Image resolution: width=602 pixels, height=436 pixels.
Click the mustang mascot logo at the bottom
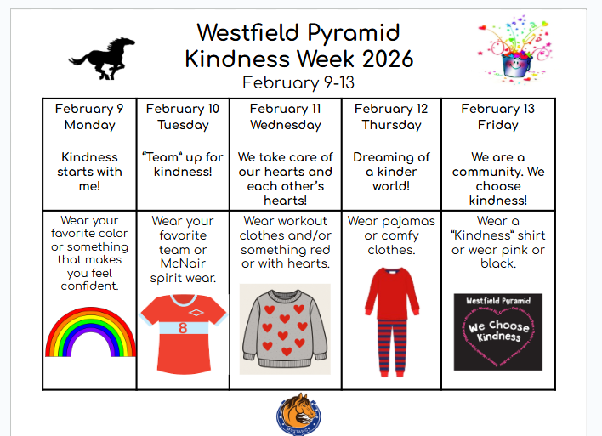(298, 414)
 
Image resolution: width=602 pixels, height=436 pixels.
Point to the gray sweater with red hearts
(285, 329)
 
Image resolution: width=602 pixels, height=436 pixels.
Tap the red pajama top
(392, 293)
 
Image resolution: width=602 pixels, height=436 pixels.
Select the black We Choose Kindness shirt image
(497, 331)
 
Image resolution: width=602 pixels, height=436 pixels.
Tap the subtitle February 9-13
(298, 82)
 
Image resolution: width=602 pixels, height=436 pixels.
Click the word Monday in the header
(89, 125)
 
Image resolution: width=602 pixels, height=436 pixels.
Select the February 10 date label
(182, 109)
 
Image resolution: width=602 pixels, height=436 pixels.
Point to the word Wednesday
(285, 125)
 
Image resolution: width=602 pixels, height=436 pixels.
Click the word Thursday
(391, 125)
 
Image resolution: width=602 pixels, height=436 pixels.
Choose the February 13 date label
(497, 109)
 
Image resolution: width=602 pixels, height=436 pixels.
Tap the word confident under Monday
(89, 286)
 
